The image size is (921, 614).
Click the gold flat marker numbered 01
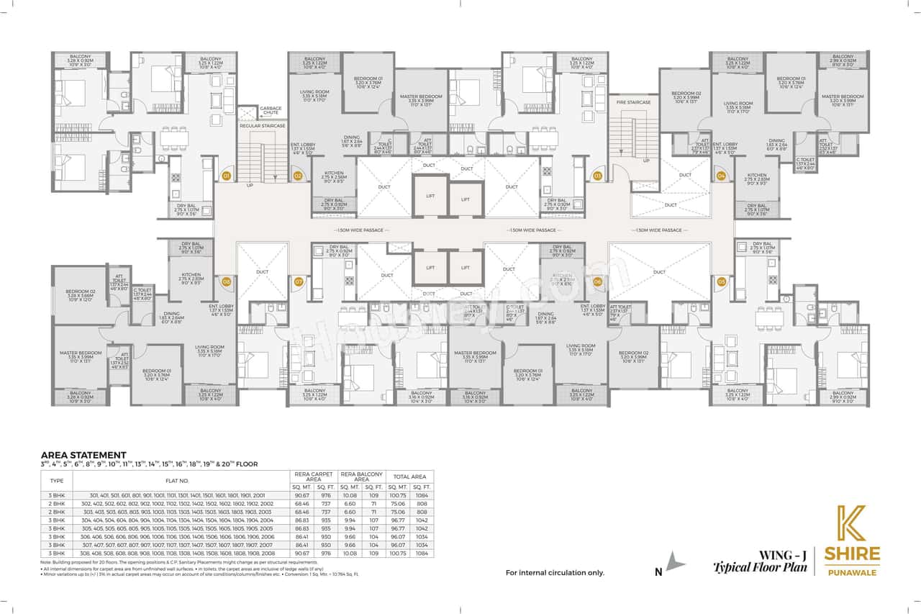(225, 175)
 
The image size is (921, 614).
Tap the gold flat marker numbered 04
(721, 175)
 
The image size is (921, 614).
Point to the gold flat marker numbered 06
(597, 282)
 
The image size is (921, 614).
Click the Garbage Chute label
(271, 110)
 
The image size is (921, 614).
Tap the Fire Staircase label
(633, 102)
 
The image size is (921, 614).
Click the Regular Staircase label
(263, 125)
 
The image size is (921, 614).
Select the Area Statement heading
(84, 455)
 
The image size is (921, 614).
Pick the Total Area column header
(409, 476)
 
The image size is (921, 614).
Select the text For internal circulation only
(555, 573)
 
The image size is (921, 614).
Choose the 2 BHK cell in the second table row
(56, 503)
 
